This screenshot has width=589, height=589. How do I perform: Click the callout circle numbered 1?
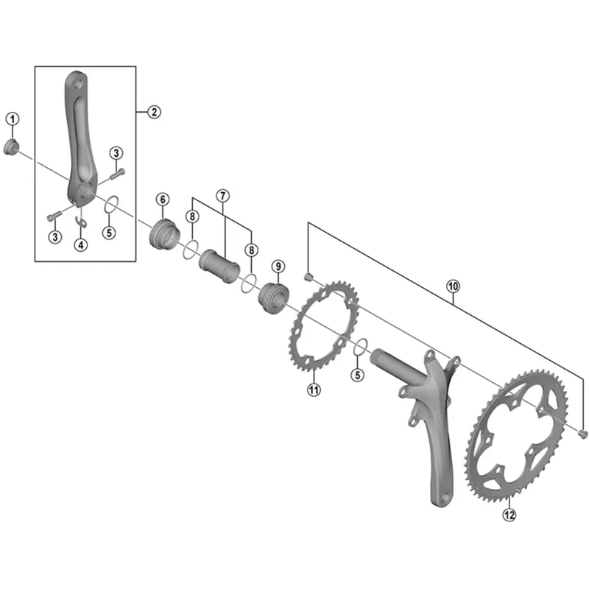click(13, 119)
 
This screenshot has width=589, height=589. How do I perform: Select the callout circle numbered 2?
click(153, 112)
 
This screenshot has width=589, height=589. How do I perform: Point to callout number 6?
click(162, 200)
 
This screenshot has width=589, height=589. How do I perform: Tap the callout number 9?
click(278, 266)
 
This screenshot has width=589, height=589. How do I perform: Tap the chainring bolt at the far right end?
click(582, 433)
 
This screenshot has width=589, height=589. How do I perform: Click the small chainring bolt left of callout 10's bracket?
click(309, 276)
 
